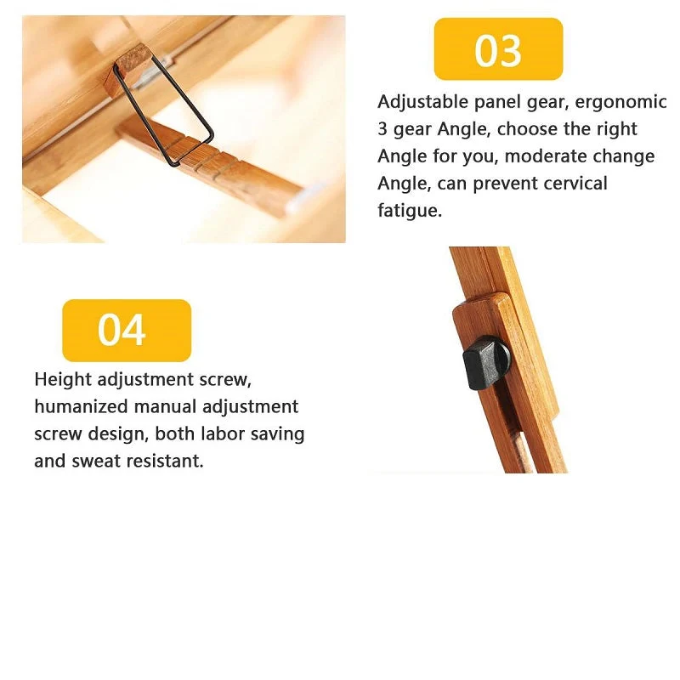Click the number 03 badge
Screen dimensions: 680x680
(x=498, y=49)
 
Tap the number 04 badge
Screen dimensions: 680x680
(x=127, y=331)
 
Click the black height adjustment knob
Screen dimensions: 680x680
(x=486, y=362)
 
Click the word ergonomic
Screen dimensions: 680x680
(x=620, y=102)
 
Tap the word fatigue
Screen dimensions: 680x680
(x=410, y=211)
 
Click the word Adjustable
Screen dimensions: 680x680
(x=422, y=102)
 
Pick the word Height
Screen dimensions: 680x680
(x=63, y=380)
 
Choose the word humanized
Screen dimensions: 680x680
(x=81, y=407)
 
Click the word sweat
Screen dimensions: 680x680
(x=96, y=461)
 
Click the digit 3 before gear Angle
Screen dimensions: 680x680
(x=382, y=129)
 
